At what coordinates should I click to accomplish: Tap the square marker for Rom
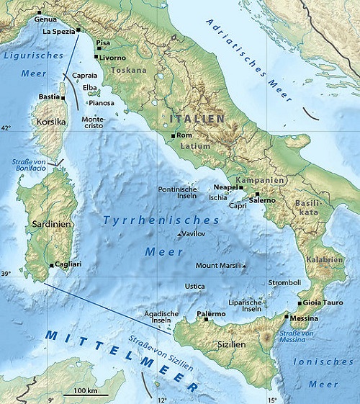point(174,135)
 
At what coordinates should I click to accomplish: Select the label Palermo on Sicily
point(210,314)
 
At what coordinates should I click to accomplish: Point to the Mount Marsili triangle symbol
point(244,266)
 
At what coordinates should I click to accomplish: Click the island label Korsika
point(50,122)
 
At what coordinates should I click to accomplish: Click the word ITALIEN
point(197,117)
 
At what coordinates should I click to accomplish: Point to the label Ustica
point(194,286)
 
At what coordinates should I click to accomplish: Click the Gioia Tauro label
point(323,302)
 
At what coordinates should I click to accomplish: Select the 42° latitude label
point(6,128)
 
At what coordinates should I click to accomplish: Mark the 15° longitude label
point(272,399)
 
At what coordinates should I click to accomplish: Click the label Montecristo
point(94,122)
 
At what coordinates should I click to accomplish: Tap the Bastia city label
point(48,96)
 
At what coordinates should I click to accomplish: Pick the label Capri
point(238,205)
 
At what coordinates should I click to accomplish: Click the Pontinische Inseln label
point(177,193)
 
